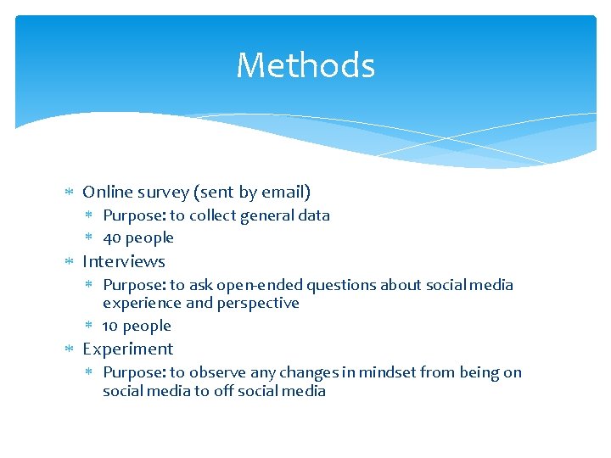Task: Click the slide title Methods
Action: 305,65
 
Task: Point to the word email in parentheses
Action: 283,192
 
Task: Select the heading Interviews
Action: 124,261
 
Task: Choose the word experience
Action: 142,303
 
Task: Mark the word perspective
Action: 258,303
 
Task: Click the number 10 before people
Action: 110,326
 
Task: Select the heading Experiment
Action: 128,349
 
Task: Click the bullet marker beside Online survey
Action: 70,193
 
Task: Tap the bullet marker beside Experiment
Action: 70,349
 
